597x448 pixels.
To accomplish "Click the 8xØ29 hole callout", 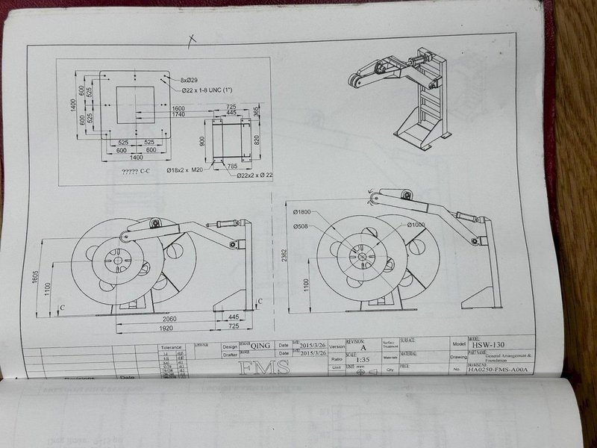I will point(191,79).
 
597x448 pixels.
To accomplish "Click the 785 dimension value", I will point(233,166).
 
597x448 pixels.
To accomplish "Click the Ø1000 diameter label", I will point(415,225).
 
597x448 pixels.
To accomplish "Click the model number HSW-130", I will point(487,344).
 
